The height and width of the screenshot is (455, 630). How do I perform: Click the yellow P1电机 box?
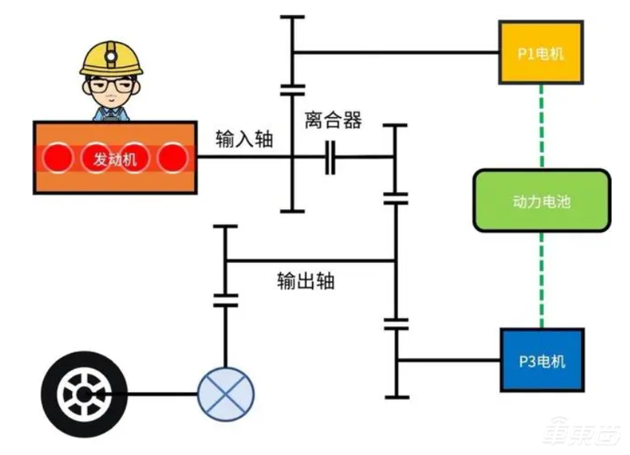[540, 53]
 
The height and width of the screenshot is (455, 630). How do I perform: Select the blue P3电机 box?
[542, 360]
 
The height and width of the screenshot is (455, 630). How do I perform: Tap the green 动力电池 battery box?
[542, 200]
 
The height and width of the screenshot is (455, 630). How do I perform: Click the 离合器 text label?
[333, 121]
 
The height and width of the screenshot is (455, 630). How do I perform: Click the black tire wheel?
[84, 393]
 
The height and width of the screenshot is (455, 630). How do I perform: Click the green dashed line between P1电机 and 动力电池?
[542, 126]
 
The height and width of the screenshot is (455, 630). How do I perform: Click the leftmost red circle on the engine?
[57, 157]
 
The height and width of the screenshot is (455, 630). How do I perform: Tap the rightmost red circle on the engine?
[172, 157]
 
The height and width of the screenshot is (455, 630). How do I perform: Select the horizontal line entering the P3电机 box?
[448, 360]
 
